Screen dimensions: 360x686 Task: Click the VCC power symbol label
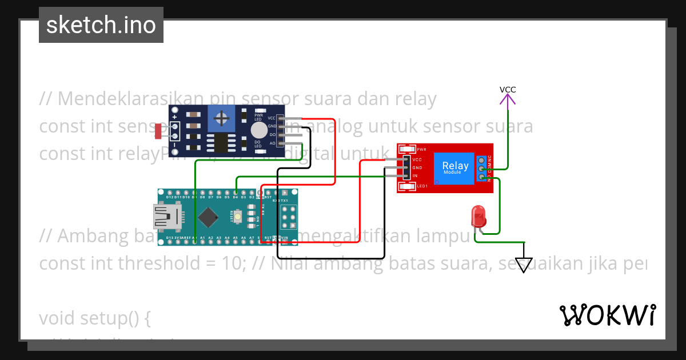508,90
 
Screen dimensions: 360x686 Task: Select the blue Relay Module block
456,168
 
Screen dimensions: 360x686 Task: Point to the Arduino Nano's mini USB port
167,217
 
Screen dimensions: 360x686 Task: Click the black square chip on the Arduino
208,217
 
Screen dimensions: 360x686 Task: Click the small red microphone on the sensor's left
158,131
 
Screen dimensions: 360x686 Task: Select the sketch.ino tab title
101,25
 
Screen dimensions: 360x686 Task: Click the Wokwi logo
608,315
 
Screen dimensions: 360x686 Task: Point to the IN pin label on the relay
415,176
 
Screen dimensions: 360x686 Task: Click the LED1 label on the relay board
422,186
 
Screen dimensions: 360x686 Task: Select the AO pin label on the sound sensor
272,143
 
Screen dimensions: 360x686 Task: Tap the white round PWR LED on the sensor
259,129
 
